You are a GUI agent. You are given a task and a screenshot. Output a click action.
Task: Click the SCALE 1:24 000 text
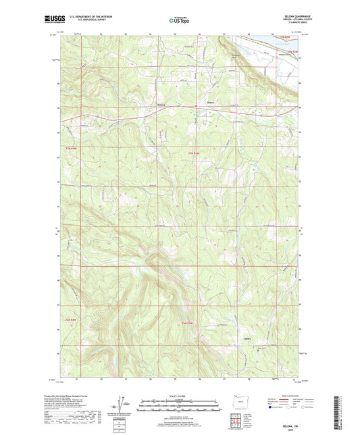point(180,396)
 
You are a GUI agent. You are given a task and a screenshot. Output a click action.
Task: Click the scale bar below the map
point(180,407)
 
